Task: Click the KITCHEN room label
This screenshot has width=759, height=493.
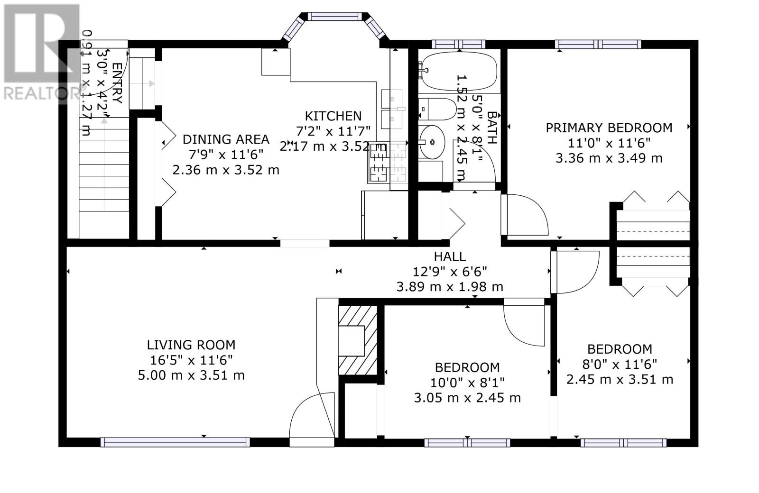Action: point(333,116)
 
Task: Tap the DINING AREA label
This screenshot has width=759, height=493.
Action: point(226,139)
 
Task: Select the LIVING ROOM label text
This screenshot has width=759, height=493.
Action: point(191,345)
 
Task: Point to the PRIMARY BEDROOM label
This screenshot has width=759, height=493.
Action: point(609,128)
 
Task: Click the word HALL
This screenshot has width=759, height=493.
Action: point(450,256)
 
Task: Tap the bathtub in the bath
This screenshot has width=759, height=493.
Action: point(459,71)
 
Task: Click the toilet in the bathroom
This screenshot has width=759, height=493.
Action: point(437,109)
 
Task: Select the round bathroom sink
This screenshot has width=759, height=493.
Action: point(432,142)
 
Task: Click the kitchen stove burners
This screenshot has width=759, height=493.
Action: point(388,162)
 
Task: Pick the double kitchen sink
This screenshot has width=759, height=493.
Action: point(392,109)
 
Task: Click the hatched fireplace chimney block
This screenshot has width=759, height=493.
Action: point(358,340)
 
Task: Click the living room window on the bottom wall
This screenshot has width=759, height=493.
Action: point(175,442)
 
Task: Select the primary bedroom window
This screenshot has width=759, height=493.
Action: point(598,45)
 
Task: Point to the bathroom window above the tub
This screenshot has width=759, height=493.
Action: point(458,45)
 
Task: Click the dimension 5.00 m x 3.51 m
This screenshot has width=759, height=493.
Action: point(191,375)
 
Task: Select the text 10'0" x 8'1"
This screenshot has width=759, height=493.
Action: point(467,383)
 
